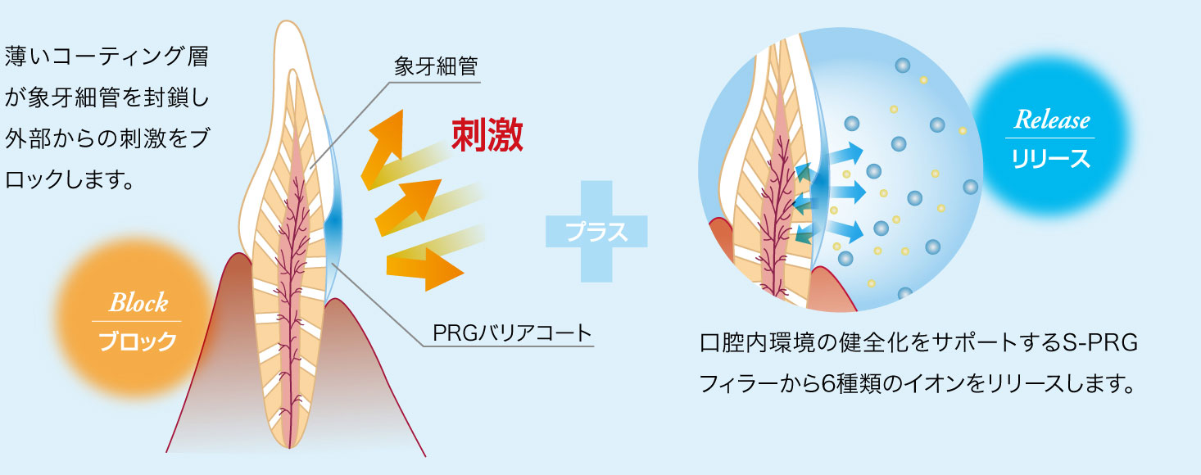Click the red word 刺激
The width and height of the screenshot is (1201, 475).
coord(487,136)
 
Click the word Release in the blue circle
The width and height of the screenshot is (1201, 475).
coord(1052,121)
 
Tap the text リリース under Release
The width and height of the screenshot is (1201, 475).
coord(1052,158)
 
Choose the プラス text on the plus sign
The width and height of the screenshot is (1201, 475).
coord(596,232)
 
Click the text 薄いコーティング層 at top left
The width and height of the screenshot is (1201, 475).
coord(107,59)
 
